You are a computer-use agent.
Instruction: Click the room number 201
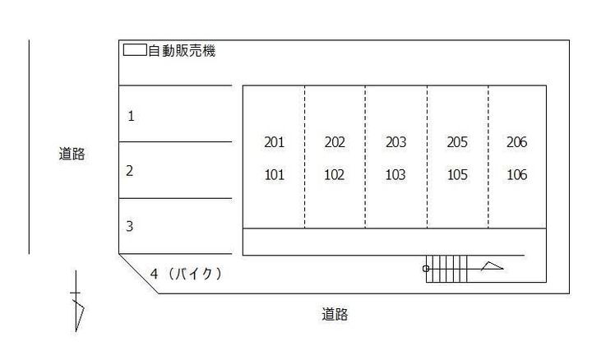pyautogui.click(x=274, y=142)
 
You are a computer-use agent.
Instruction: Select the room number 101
pyautogui.click(x=274, y=175)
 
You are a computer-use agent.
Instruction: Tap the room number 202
pyautogui.click(x=335, y=142)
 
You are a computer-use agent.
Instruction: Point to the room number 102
pyautogui.click(x=335, y=175)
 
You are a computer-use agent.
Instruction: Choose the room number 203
pyautogui.click(x=395, y=142)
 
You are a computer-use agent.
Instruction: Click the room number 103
pyautogui.click(x=395, y=175)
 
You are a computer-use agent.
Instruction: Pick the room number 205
pyautogui.click(x=457, y=142)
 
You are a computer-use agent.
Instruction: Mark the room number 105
pyautogui.click(x=457, y=175)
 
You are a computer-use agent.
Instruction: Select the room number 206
pyautogui.click(x=516, y=142)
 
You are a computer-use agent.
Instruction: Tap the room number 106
pyautogui.click(x=516, y=175)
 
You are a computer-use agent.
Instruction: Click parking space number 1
pyautogui.click(x=131, y=116)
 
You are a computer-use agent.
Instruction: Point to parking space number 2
pyautogui.click(x=130, y=171)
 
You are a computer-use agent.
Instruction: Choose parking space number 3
pyautogui.click(x=130, y=226)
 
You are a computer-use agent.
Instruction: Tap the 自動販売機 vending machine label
pyautogui.click(x=182, y=51)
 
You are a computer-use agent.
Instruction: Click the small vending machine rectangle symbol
pyautogui.click(x=135, y=50)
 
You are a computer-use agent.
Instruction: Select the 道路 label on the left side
pyautogui.click(x=72, y=154)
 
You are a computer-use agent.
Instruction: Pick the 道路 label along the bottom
pyautogui.click(x=335, y=314)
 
